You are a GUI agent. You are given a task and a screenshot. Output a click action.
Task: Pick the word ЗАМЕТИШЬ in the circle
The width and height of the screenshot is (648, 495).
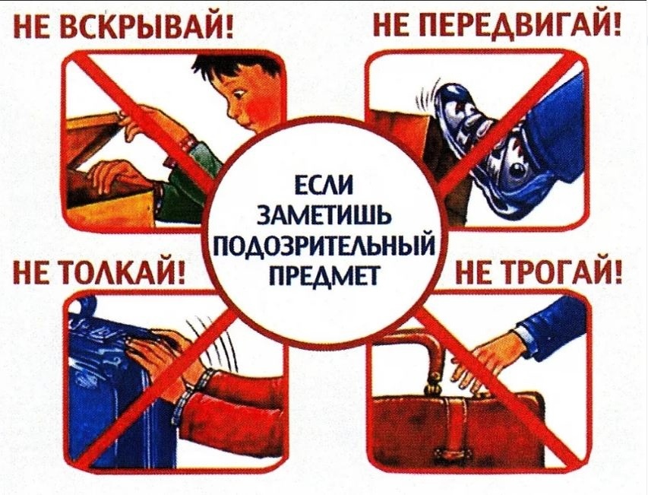click(x=325, y=216)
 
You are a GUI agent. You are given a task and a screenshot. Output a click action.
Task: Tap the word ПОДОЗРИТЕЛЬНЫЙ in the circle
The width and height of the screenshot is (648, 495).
click(x=325, y=246)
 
